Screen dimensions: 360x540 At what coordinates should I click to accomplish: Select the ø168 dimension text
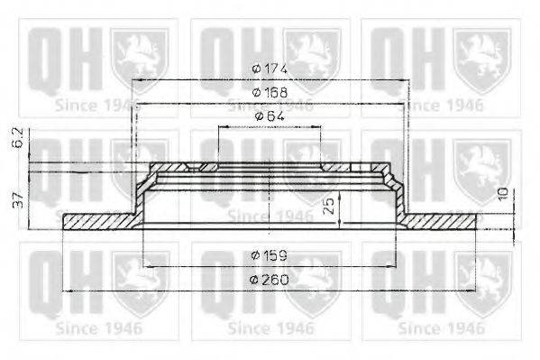click(270, 93)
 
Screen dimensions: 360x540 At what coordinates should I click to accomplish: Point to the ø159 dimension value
click(270, 255)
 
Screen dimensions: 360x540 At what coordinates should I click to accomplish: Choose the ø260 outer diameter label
click(270, 279)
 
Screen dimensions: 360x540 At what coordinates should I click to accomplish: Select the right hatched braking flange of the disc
click(442, 220)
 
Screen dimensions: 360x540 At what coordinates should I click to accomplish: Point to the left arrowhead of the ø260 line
click(66, 291)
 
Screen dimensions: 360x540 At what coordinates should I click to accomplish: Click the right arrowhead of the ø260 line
click(475, 291)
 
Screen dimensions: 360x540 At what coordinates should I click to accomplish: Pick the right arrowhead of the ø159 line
click(397, 267)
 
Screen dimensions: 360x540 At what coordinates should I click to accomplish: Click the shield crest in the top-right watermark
click(483, 56)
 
